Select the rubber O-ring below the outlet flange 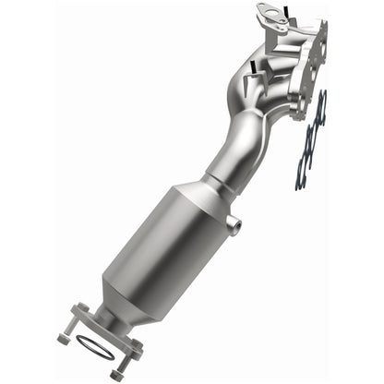click(96, 350)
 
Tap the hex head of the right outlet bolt click(118, 374)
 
